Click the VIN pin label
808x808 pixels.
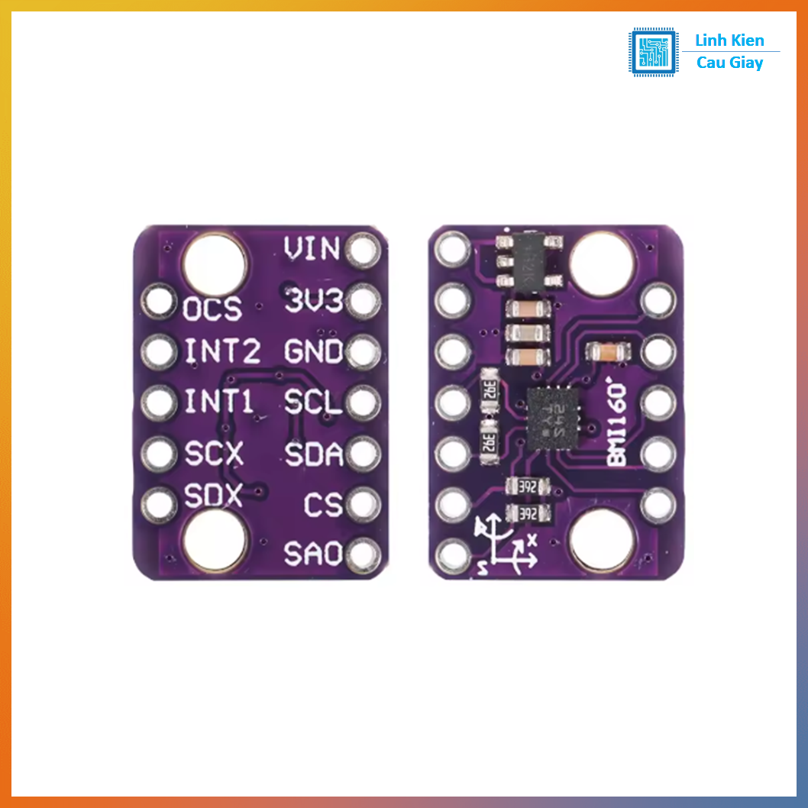[x=312, y=248]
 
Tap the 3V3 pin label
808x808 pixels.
[x=313, y=300]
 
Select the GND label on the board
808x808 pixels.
[x=313, y=352]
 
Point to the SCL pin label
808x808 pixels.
[x=313, y=402]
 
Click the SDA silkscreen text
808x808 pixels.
[x=313, y=454]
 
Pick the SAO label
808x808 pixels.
[x=313, y=554]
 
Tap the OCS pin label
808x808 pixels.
[x=212, y=309]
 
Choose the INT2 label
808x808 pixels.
[x=222, y=352]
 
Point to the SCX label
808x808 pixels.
[x=214, y=455]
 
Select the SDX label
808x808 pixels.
[x=213, y=497]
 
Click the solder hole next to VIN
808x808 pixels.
[x=363, y=250]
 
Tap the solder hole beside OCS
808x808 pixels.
[x=159, y=302]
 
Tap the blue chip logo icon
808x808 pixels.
[x=653, y=52]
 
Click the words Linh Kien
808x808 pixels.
[x=729, y=40]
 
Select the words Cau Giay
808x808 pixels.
[x=729, y=63]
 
